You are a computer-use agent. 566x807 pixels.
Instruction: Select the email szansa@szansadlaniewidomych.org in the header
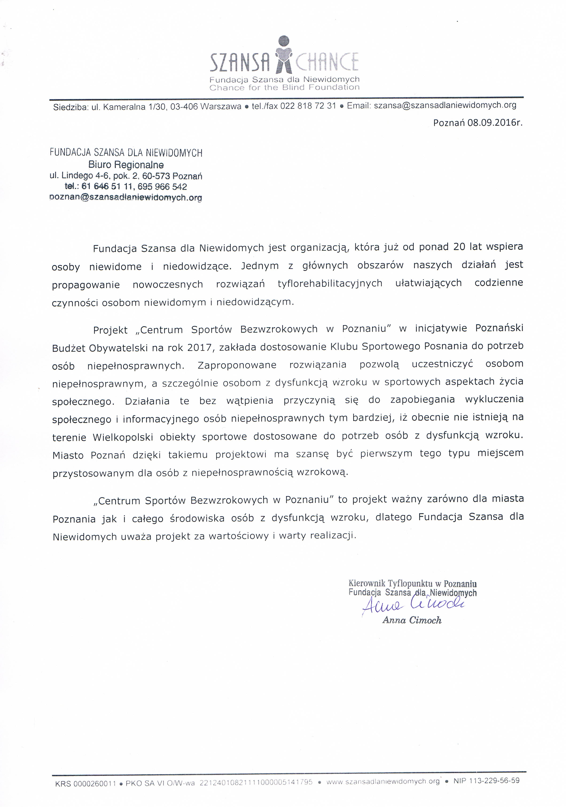445,105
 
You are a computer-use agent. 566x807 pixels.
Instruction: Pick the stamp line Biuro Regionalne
126,164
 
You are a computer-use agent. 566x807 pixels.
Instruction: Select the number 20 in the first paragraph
459,247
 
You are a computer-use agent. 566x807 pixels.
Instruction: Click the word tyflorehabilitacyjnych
330,283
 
